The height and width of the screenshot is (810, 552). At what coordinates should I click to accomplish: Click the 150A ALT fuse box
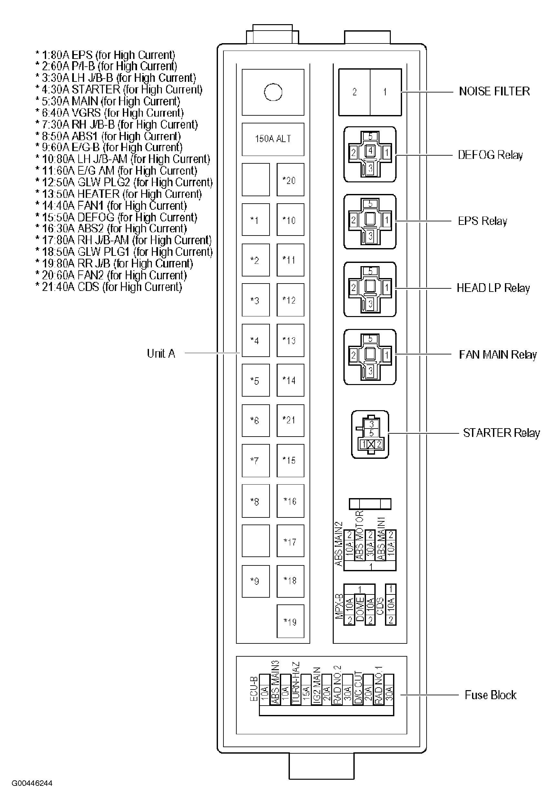pyautogui.click(x=273, y=139)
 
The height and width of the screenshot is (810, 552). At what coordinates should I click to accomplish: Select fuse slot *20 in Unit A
pyautogui.click(x=290, y=179)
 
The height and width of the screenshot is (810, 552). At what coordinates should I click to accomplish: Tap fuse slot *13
pyautogui.click(x=290, y=340)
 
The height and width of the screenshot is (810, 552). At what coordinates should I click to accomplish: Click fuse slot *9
pyautogui.click(x=255, y=581)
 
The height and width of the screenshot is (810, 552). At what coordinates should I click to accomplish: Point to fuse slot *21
pyautogui.click(x=290, y=420)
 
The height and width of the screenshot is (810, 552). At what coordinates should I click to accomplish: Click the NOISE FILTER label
pyautogui.click(x=494, y=91)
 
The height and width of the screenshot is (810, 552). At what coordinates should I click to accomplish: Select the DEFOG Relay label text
pyautogui.click(x=490, y=155)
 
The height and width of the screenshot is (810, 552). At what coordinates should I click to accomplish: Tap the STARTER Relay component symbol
pyautogui.click(x=370, y=434)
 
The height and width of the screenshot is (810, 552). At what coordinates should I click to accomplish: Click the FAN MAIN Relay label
pyautogui.click(x=497, y=354)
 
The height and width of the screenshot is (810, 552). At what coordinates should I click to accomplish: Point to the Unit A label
pyautogui.click(x=161, y=353)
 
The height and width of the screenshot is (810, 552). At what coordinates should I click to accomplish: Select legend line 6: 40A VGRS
pyautogui.click(x=110, y=113)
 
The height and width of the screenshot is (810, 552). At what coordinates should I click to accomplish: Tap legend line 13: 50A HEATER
pyautogui.click(x=119, y=194)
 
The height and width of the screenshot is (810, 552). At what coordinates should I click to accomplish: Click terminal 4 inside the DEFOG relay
pyautogui.click(x=370, y=151)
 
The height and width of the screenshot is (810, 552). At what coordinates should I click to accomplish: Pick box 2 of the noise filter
pyautogui.click(x=354, y=92)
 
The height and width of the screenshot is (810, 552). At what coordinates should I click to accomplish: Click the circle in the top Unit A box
pyautogui.click(x=273, y=92)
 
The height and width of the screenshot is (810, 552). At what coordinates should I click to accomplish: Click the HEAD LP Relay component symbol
pyautogui.click(x=370, y=289)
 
